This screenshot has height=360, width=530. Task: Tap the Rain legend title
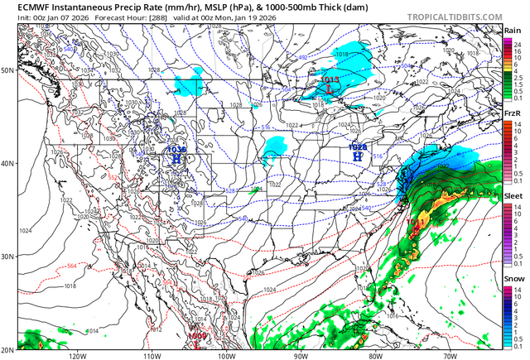512,31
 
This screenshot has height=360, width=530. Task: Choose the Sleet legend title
512,198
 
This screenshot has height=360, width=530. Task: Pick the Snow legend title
512,279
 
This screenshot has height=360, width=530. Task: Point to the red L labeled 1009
199,343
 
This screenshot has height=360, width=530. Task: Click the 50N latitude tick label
8,70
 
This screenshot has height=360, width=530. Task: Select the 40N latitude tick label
8,163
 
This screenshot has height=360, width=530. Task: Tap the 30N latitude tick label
8,256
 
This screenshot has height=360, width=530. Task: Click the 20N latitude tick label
8,348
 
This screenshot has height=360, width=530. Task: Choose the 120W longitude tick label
78,355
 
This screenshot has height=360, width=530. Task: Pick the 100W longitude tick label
226,355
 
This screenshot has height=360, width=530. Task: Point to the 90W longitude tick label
301,355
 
